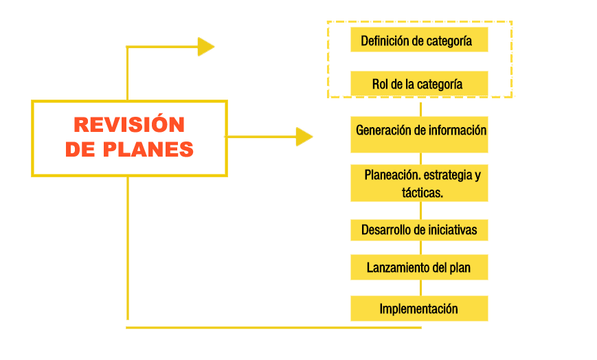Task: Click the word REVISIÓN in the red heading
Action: [x=129, y=124]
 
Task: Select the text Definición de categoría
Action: [x=416, y=41]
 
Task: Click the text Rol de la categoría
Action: [x=417, y=85]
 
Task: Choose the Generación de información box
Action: [x=419, y=135]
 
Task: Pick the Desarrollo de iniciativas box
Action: [x=419, y=230]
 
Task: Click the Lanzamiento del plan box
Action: [x=419, y=267]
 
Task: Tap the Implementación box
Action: [x=419, y=308]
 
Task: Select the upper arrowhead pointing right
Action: [x=205, y=47]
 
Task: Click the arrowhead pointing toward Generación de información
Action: [x=304, y=137]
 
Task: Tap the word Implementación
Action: [x=418, y=308]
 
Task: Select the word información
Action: [x=455, y=130]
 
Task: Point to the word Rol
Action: [x=381, y=85]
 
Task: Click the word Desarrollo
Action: [x=387, y=230]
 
